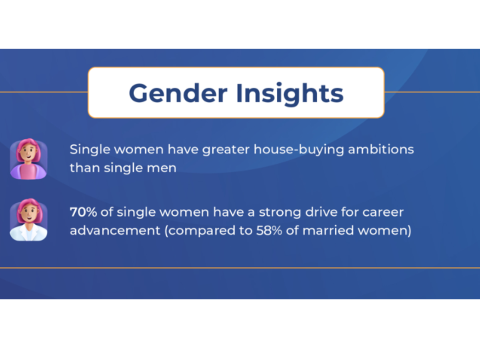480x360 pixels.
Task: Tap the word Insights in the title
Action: [289, 93]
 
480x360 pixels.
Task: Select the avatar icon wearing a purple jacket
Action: [28, 159]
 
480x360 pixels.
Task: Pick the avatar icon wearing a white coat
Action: [28, 220]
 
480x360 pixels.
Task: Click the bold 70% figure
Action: [83, 212]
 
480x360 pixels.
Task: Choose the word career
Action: [383, 212]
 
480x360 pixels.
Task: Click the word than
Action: [85, 168]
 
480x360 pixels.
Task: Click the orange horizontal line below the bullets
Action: [240, 268]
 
